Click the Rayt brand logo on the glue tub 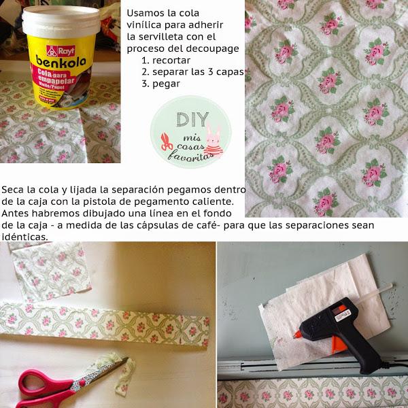[61, 51]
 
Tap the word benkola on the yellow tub [61, 61]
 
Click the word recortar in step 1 [171, 61]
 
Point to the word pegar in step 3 [167, 84]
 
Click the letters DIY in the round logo [193, 120]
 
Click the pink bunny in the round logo [214, 142]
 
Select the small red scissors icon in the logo [167, 142]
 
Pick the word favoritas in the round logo [190, 156]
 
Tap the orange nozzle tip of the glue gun [297, 334]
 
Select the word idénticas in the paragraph [24, 237]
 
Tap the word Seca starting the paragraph [13, 190]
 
